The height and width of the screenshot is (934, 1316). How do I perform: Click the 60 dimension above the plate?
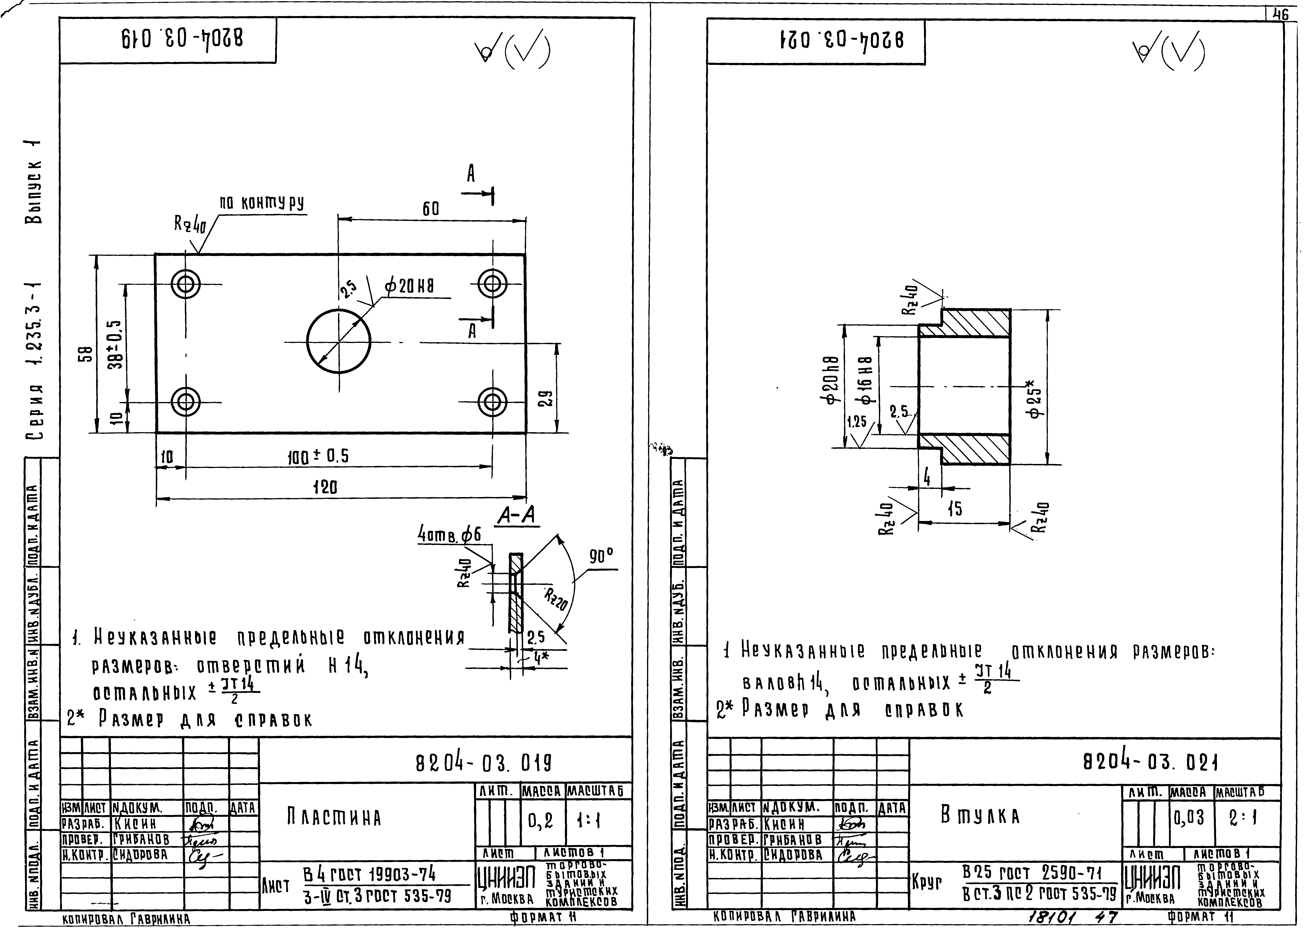[x=431, y=209]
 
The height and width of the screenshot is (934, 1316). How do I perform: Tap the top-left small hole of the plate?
[x=186, y=284]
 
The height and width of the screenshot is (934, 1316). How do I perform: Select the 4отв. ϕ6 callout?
[x=449, y=536]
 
